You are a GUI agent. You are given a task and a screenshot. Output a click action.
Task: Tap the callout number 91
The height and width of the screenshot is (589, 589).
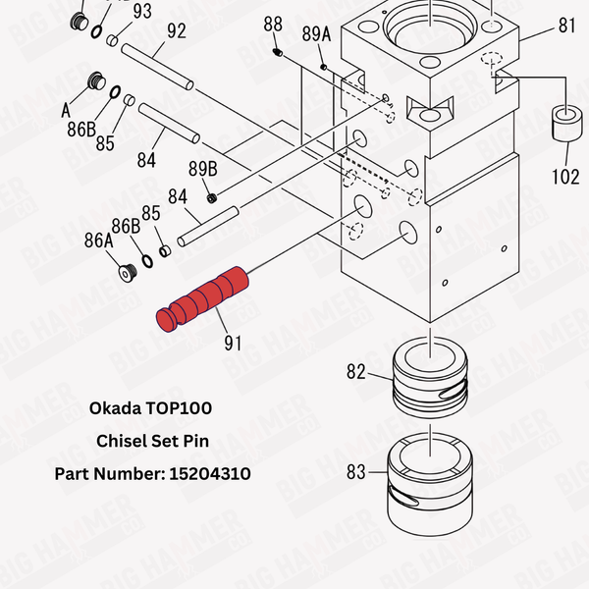[x=233, y=345]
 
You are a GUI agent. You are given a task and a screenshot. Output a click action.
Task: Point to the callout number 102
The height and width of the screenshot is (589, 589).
[x=564, y=178]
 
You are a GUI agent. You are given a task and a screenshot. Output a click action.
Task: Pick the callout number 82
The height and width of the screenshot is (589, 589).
[x=355, y=372]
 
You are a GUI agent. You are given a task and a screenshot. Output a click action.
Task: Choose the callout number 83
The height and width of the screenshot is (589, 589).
[x=355, y=471]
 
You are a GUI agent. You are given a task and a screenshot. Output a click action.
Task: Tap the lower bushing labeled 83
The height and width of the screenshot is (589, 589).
[x=432, y=481]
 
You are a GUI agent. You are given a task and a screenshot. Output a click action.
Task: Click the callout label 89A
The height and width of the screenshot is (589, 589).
[x=316, y=33]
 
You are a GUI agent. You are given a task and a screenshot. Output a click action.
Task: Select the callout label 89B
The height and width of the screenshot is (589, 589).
[x=202, y=168]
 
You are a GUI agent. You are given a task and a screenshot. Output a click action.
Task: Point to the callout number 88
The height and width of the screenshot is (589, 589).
[x=273, y=25]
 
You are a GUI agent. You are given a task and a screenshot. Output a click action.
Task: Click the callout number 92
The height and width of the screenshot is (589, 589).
[x=177, y=31]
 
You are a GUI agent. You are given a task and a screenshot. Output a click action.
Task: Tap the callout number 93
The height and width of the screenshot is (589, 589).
[x=141, y=11]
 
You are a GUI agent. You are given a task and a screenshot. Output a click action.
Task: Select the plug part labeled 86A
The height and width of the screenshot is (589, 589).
[x=124, y=272]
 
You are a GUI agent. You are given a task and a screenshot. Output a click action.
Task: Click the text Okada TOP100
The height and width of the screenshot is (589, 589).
[x=150, y=407]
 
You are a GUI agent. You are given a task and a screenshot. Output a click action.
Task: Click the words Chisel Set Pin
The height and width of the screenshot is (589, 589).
[x=152, y=441]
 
